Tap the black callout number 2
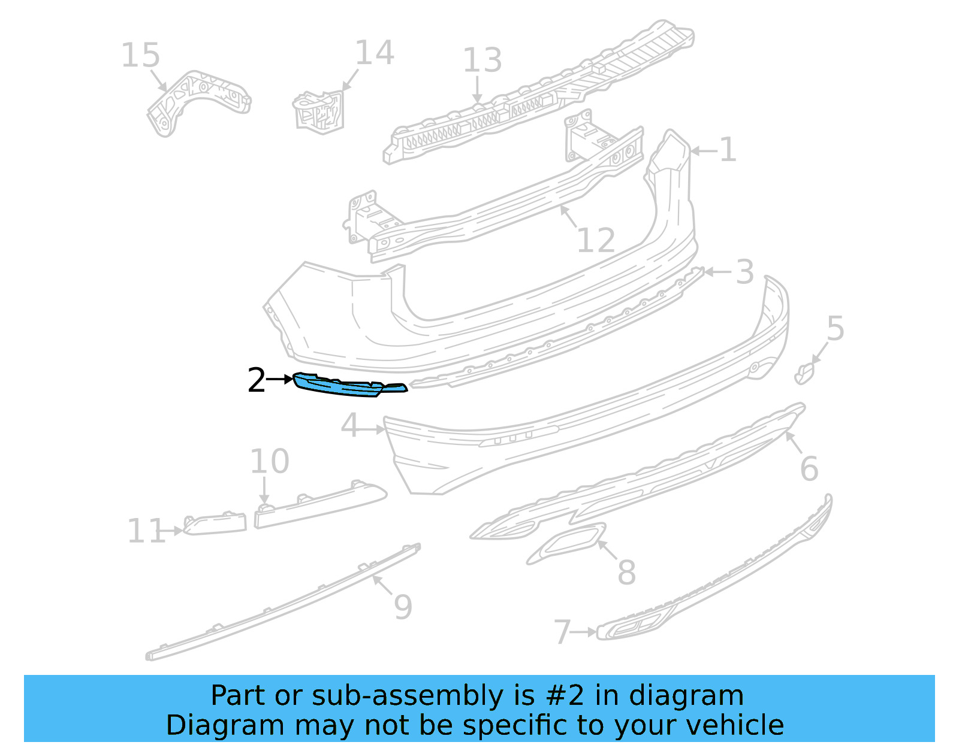(256, 380)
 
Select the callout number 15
(140, 56)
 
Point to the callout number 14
(375, 53)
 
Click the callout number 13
(482, 60)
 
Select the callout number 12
(595, 240)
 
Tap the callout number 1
(727, 150)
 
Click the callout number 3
(744, 272)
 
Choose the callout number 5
(835, 329)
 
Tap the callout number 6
(809, 468)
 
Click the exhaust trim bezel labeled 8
(566, 541)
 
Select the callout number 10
(269, 461)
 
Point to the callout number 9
(403, 607)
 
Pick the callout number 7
(562, 632)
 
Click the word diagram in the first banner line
(699, 696)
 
